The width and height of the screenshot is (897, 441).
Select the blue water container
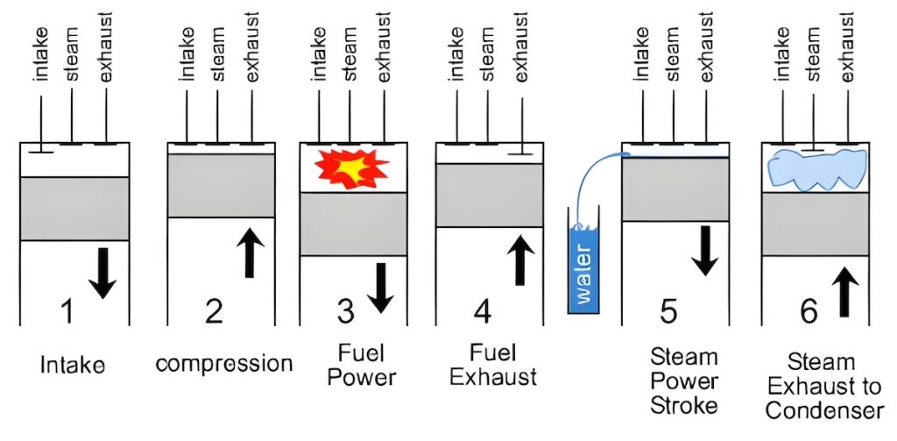click(x=584, y=265)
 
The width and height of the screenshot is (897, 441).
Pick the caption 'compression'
click(x=223, y=364)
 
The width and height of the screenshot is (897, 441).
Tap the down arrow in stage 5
click(x=705, y=250)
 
